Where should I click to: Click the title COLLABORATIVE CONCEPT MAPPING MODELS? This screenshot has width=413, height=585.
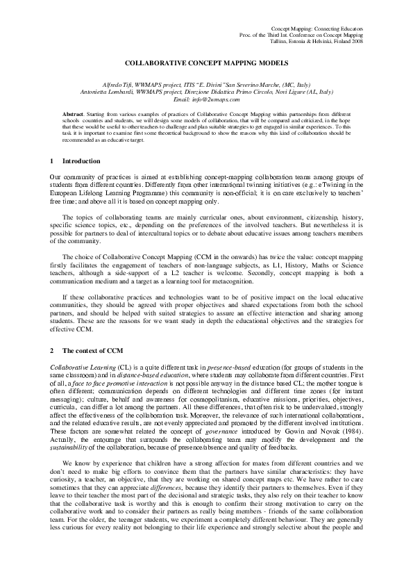pyautogui.click(x=206, y=63)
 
